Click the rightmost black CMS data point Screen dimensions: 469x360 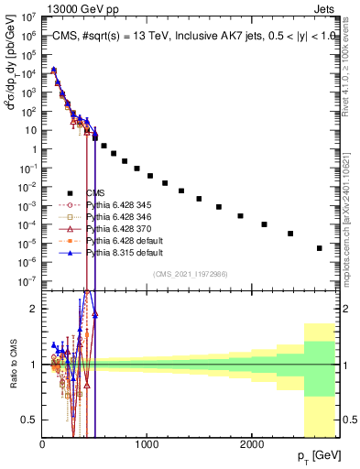coord(320,248)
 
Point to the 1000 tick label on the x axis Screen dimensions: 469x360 coord(147,442)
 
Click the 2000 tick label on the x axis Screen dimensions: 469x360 coord(252,442)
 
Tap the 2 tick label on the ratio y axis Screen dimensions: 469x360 coord(33,309)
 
